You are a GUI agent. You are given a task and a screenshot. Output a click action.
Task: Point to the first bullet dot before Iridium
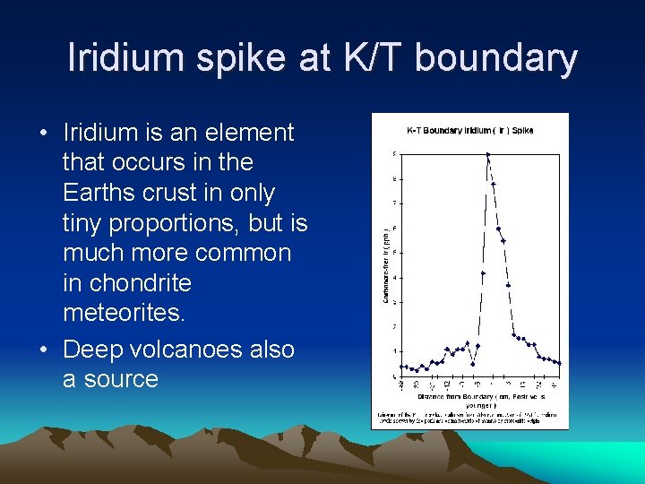pyautogui.click(x=44, y=134)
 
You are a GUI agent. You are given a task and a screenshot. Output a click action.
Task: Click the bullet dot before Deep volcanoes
pyautogui.click(x=44, y=350)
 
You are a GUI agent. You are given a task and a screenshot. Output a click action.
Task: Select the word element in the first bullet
pyautogui.click(x=249, y=133)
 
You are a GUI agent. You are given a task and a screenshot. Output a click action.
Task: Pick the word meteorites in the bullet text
pyautogui.click(x=121, y=314)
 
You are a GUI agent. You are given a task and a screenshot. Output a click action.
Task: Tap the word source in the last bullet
pyautogui.click(x=110, y=379)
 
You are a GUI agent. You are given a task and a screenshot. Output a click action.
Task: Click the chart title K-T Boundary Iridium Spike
pyautogui.click(x=470, y=131)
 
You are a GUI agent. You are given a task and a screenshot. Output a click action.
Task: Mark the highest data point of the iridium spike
pyautogui.click(x=487, y=155)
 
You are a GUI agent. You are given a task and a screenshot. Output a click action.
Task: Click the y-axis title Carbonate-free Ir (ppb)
pyautogui.click(x=385, y=264)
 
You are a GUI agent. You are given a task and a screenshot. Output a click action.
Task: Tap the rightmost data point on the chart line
pyautogui.click(x=560, y=363)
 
